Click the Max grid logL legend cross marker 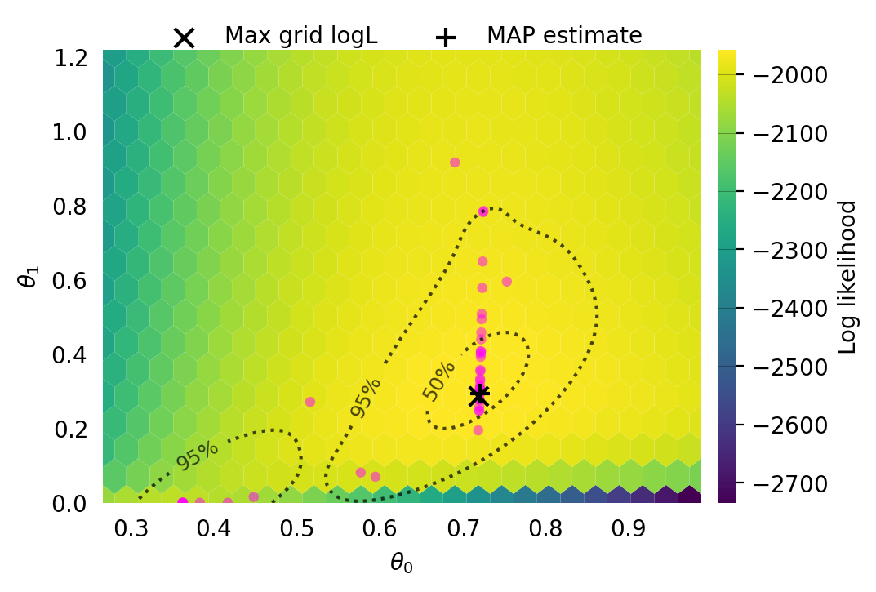[185, 38]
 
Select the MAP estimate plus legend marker [445, 38]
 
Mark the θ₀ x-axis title [401, 562]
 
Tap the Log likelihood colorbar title [848, 277]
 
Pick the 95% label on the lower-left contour [198, 455]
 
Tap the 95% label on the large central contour [365, 398]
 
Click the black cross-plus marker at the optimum [479, 395]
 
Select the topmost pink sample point [455, 162]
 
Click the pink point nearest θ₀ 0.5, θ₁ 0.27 [310, 402]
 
